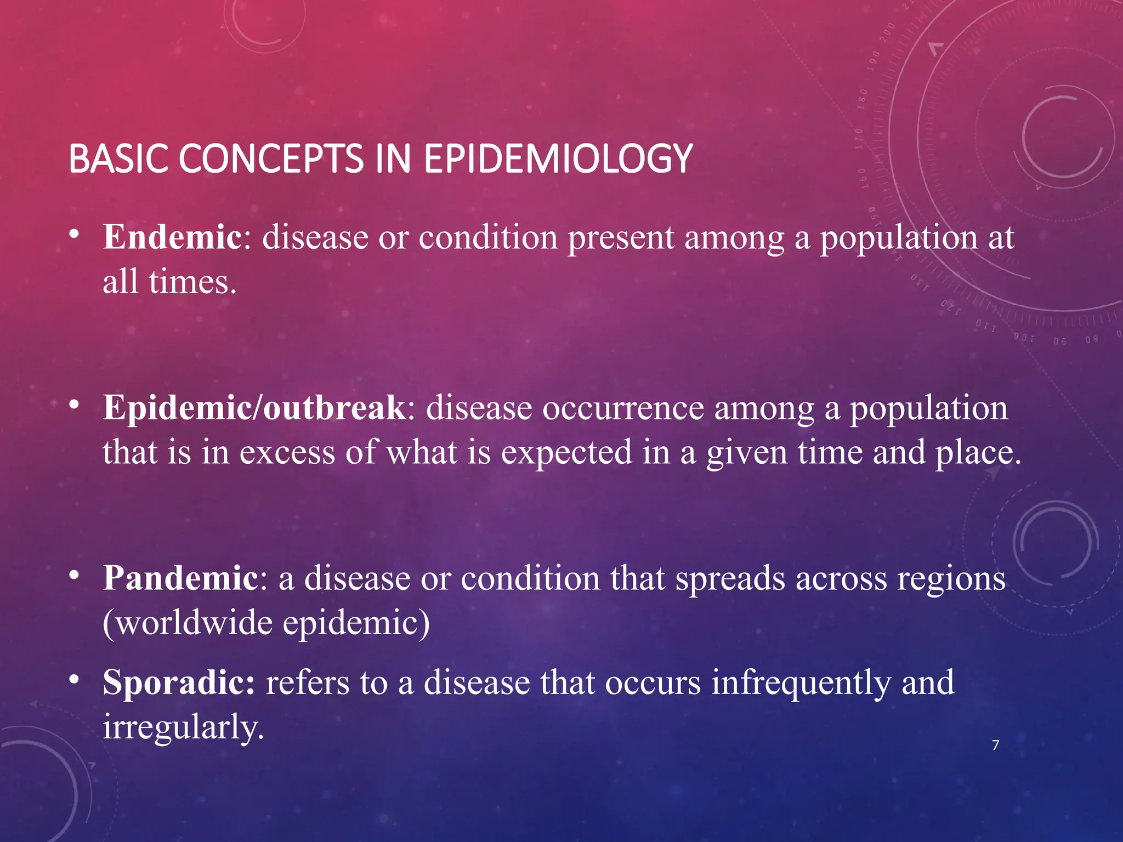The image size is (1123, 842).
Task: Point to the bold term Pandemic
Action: [180, 578]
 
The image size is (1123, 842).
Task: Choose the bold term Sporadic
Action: [178, 682]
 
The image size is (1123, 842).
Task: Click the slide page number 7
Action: [996, 745]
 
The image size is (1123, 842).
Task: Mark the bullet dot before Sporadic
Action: [74, 680]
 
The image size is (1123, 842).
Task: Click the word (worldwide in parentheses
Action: [186, 623]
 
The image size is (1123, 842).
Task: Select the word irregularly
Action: [183, 727]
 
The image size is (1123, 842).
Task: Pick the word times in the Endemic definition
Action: [192, 282]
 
